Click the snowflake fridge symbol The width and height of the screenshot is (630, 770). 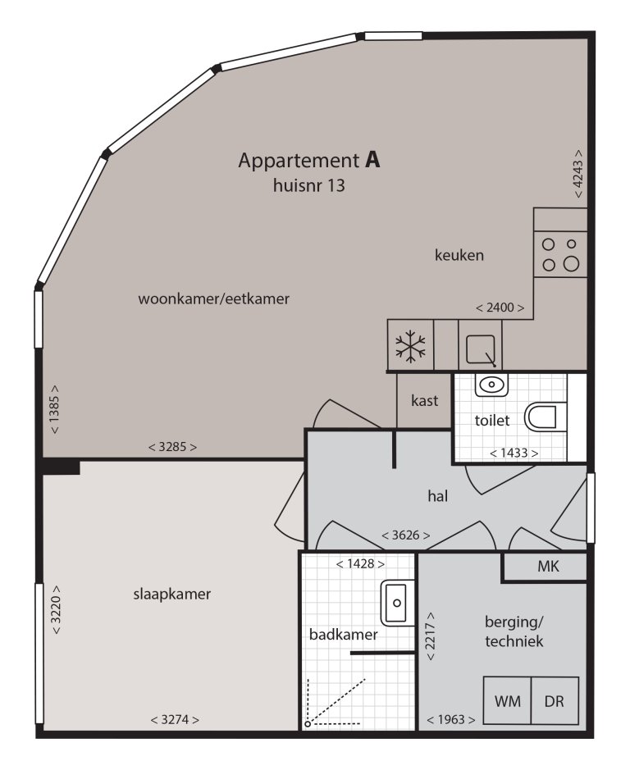[x=410, y=346]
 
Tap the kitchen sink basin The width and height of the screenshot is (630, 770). [x=480, y=349]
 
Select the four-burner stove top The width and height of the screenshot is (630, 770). [x=560, y=254]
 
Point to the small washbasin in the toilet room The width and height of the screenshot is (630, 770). [x=491, y=385]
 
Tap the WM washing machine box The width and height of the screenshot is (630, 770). [x=507, y=701]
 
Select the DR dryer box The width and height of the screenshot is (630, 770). [x=555, y=701]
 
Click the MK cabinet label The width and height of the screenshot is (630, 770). [x=548, y=566]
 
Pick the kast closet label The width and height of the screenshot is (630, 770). [x=425, y=401]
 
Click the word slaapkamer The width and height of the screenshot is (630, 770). [x=172, y=595]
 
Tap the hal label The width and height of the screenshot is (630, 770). [x=438, y=496]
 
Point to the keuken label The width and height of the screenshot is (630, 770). [x=459, y=255]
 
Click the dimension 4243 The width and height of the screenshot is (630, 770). [x=578, y=174]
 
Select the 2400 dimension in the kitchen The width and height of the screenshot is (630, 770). [x=500, y=308]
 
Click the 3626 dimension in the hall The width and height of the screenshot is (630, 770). [x=406, y=535]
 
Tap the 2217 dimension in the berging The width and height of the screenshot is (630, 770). [x=431, y=636]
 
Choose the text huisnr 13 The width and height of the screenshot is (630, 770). [x=309, y=185]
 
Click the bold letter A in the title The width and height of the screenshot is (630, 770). [x=372, y=160]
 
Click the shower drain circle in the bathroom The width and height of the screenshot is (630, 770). [x=308, y=724]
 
